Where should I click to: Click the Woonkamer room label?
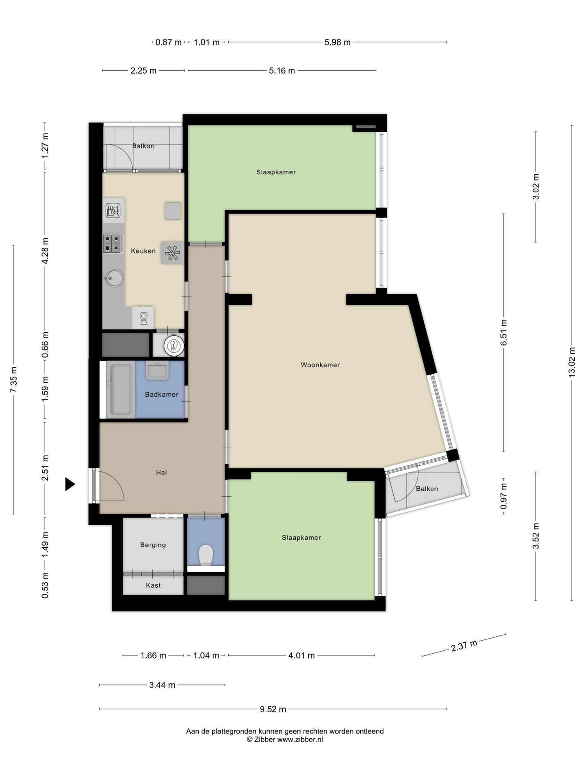[320, 365]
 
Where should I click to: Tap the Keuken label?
[143, 251]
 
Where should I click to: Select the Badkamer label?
[162, 394]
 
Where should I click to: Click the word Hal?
[161, 472]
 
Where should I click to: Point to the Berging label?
[153, 545]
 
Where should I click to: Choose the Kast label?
[153, 585]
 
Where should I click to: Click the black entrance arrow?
[70, 484]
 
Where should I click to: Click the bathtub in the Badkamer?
[121, 390]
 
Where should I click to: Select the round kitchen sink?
[113, 279]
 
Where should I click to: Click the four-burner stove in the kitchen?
[113, 243]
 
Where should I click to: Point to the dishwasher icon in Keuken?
[113, 211]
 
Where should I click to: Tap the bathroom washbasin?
[157, 371]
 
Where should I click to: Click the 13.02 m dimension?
[572, 362]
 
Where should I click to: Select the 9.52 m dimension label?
[273, 709]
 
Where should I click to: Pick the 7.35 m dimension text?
[14, 380]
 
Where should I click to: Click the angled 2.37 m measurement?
[464, 645]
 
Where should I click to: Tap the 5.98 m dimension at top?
[337, 42]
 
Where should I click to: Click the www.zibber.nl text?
[300, 740]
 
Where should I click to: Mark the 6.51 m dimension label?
[504, 333]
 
